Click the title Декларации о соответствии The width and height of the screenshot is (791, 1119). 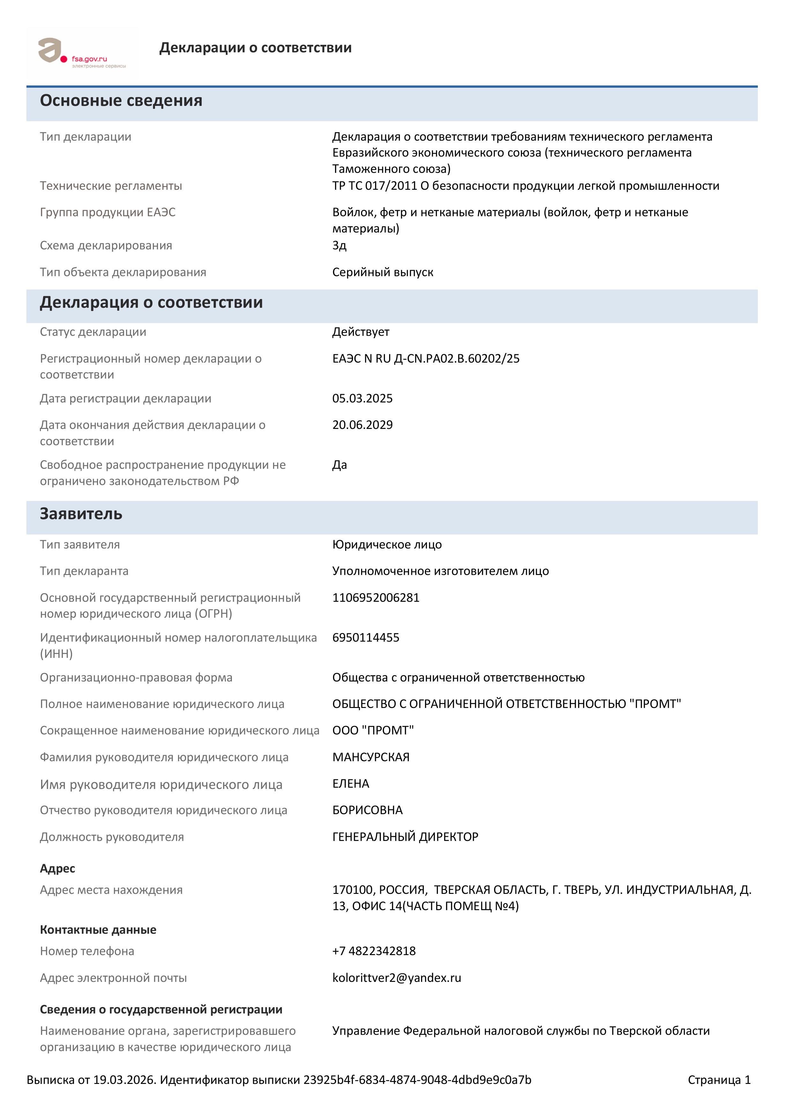255,48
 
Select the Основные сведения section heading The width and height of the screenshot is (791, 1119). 121,100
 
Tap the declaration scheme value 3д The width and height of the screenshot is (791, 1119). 339,246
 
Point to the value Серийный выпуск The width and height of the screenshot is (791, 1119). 383,272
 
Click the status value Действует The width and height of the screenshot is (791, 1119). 361,332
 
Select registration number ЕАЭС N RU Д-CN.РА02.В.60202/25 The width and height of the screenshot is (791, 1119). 426,359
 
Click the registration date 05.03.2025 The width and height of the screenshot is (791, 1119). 362,399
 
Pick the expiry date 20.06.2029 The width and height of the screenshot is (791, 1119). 362,425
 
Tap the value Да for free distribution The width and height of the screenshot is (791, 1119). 340,465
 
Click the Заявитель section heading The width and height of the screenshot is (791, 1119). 81,514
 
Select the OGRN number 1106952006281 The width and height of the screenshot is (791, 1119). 376,598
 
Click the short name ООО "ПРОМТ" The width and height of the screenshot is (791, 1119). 373,731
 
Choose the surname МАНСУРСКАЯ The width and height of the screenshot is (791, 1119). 371,757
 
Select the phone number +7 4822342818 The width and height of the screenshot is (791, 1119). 374,951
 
